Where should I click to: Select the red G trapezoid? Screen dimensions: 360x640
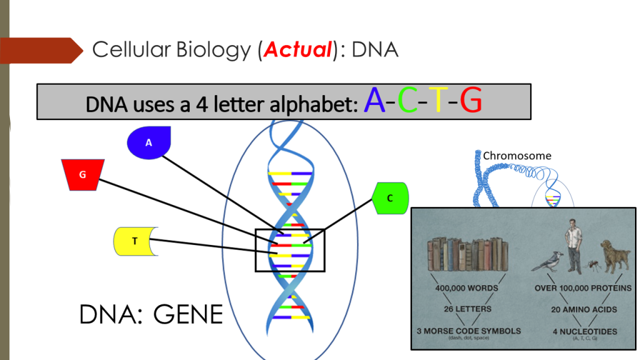(x=82, y=174)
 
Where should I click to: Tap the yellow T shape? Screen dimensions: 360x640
(x=135, y=241)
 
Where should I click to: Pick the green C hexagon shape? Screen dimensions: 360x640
(x=390, y=198)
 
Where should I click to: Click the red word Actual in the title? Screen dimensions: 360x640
(x=297, y=49)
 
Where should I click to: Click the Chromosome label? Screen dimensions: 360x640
(x=517, y=156)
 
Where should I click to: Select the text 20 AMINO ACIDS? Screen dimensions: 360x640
(x=576, y=309)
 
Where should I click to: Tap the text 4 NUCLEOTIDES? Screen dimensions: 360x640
(x=576, y=331)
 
